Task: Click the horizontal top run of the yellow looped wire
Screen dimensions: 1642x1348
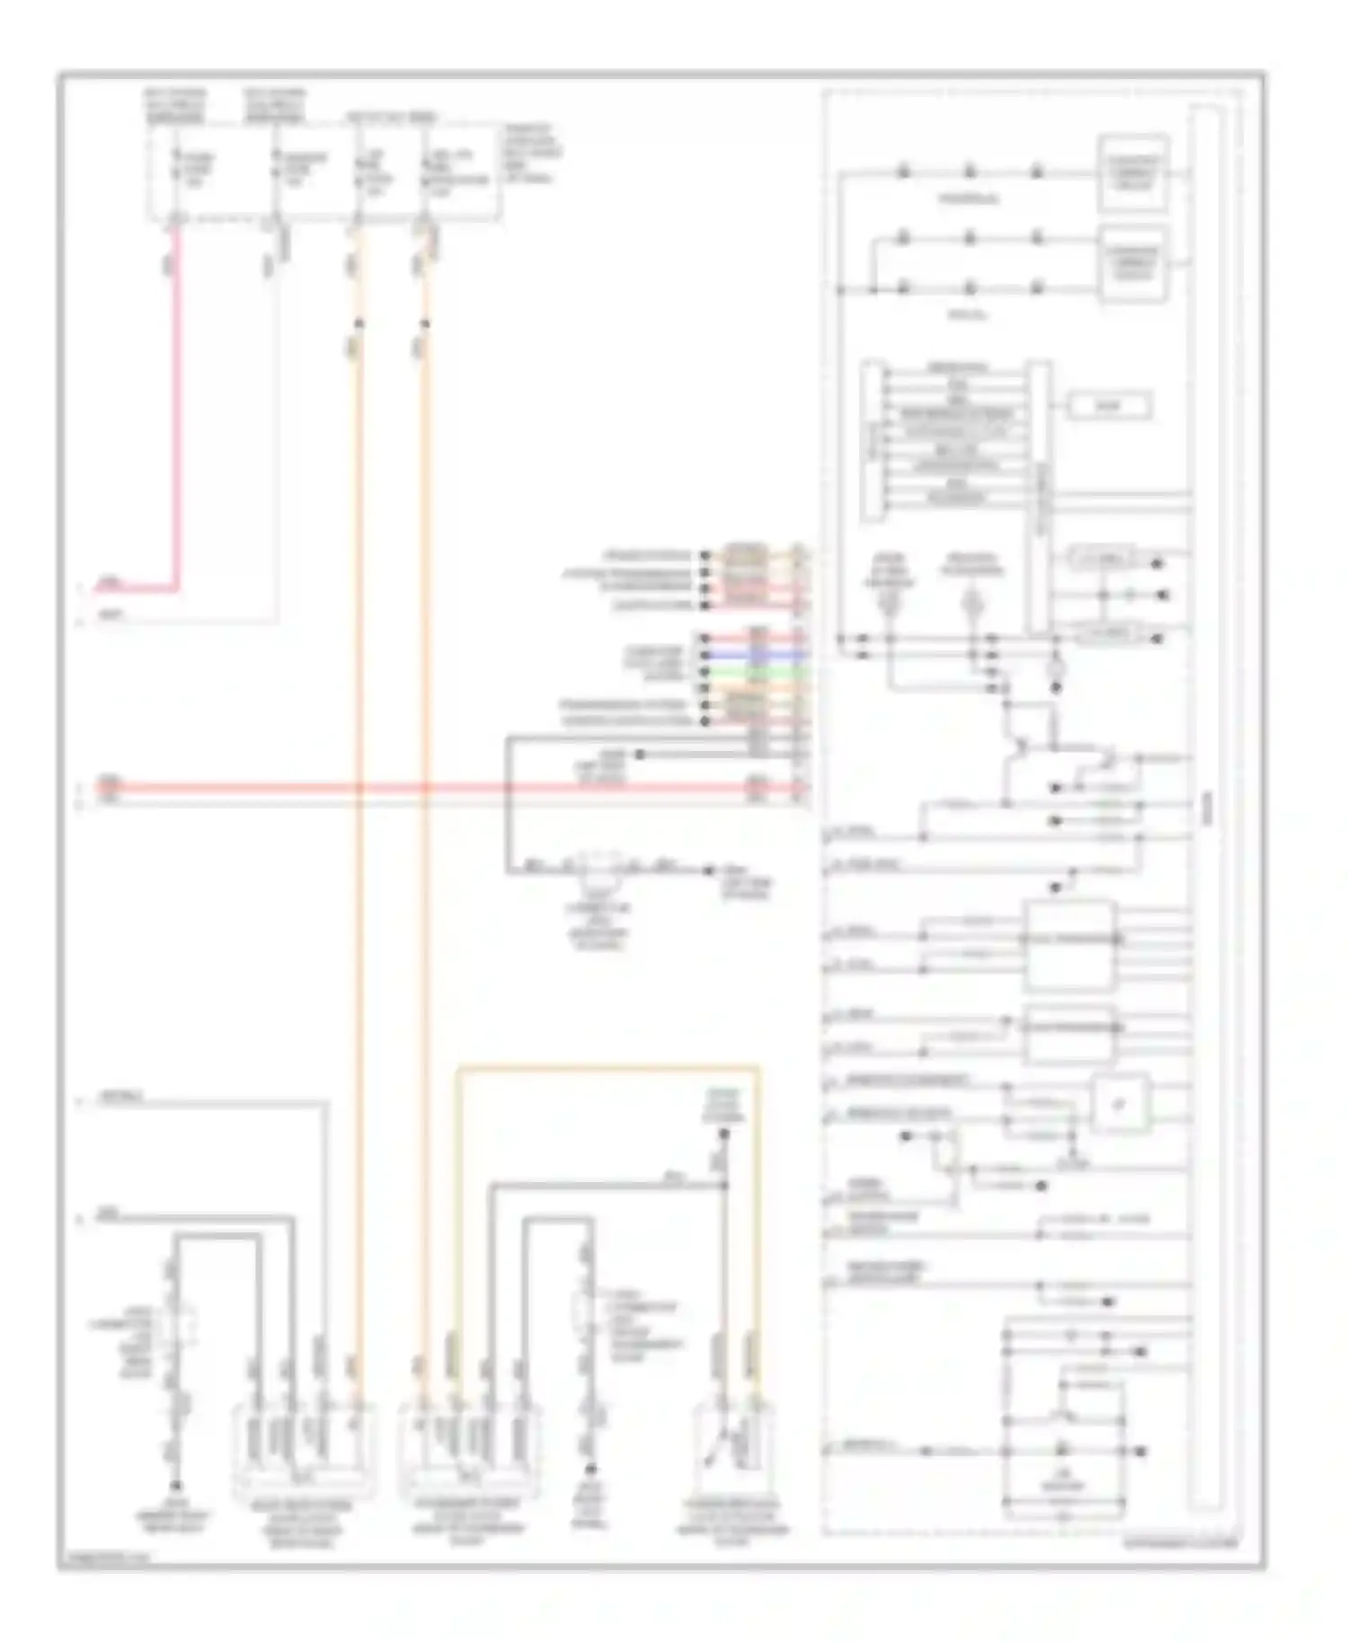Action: [x=607, y=1068]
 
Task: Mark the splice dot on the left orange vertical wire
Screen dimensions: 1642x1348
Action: [x=359, y=322]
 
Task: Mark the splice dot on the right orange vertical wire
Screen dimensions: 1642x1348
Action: [x=425, y=322]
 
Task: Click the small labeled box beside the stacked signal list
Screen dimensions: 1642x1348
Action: [x=1109, y=406]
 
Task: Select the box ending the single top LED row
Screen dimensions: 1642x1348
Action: [x=1134, y=172]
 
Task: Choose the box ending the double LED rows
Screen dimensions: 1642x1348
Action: [x=1134, y=264]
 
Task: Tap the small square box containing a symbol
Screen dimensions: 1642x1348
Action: [x=1121, y=1104]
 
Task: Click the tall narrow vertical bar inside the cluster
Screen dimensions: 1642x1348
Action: [x=1204, y=808]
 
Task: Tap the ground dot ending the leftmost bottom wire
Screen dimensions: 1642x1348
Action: [x=176, y=1487]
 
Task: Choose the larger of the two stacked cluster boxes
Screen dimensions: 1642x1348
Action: [x=1069, y=945]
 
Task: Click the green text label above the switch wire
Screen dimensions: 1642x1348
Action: [x=723, y=1106]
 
